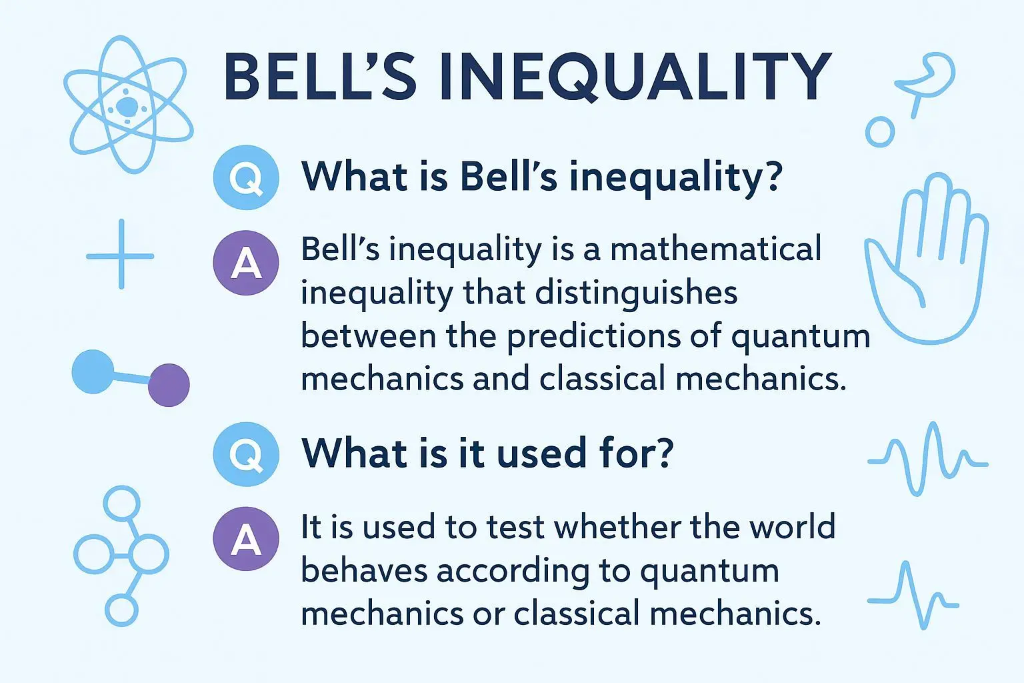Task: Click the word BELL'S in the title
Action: (x=321, y=77)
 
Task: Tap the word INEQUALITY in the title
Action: (x=635, y=77)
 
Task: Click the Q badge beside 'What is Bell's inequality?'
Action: (x=246, y=177)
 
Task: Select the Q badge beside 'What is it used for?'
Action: (x=246, y=454)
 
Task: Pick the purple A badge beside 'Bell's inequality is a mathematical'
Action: (x=246, y=263)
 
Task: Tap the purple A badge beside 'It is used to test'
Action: (x=246, y=538)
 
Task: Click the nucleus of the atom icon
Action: (x=127, y=107)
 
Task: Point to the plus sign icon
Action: (x=120, y=254)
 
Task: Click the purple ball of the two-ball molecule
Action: (x=169, y=385)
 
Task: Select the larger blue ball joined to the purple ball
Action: (x=93, y=372)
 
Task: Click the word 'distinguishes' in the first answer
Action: (x=636, y=293)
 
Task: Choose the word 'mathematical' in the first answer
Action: (x=716, y=249)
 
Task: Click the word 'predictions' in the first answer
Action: (x=593, y=337)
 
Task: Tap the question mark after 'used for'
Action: (x=661, y=452)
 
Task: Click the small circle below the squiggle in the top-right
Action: (x=880, y=132)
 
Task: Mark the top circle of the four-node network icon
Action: (x=121, y=504)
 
